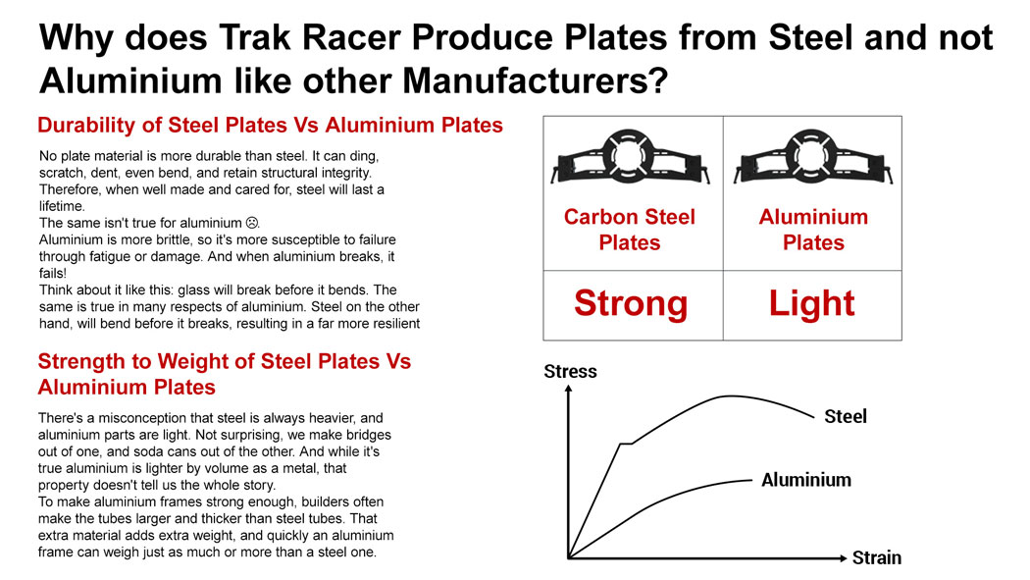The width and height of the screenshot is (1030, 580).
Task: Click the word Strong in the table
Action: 631,303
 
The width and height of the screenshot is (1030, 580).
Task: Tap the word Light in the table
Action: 811,303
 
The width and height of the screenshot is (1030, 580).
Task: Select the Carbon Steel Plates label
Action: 630,230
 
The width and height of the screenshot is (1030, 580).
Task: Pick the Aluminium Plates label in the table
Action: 813,230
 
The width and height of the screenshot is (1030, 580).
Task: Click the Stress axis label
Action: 570,371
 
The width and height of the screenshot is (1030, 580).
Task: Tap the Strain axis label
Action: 876,557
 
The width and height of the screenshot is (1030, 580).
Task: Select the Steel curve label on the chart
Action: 846,416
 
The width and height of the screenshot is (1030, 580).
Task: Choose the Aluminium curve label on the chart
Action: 806,480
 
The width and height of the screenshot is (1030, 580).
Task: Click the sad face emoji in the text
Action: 251,223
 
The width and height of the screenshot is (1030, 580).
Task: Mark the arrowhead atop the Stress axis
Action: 568,389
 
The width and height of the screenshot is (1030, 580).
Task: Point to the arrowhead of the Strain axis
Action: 843,558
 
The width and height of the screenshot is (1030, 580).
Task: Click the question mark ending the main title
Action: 659,80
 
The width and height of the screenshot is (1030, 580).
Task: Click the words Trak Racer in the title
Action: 309,36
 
